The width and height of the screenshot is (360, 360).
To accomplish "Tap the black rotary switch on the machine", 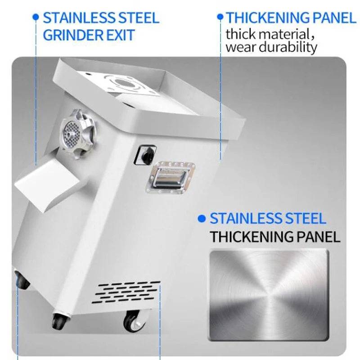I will (x=145, y=153).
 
